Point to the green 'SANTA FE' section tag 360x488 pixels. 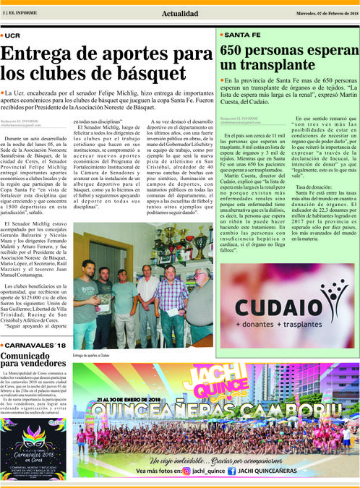click(x=243, y=35)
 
